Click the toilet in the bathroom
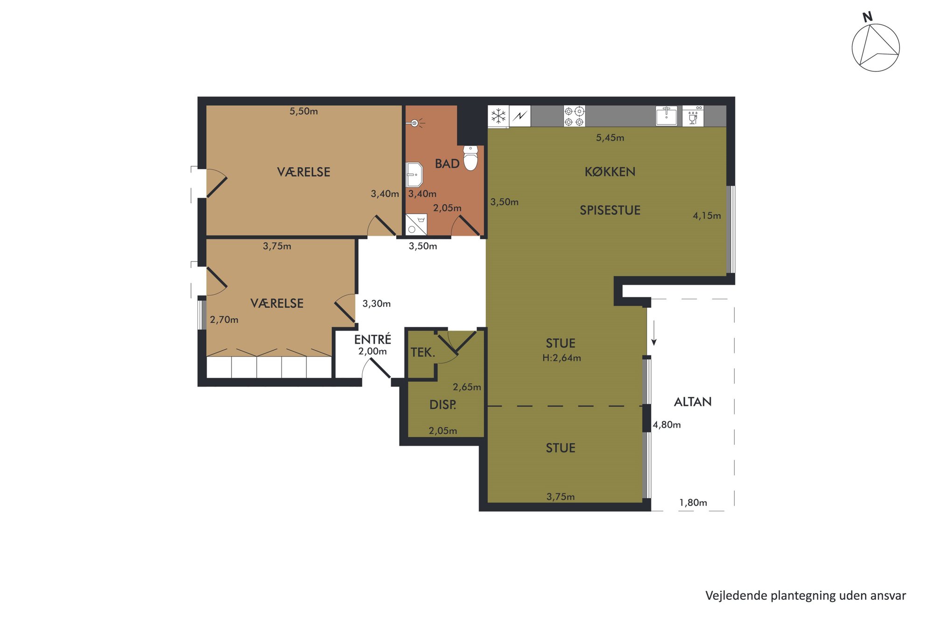(x=470, y=158)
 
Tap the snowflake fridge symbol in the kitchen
(x=498, y=116)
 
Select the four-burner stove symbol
(x=574, y=116)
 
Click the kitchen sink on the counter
(x=666, y=116)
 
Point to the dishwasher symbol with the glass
(x=693, y=116)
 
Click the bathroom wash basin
(x=414, y=174)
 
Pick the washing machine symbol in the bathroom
(x=416, y=224)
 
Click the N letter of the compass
(x=867, y=17)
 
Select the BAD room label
(x=447, y=164)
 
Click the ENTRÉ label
(x=372, y=339)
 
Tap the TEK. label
(x=423, y=352)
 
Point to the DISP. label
(x=442, y=404)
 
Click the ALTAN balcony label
(x=693, y=402)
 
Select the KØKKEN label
(x=610, y=172)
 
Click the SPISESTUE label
(x=610, y=210)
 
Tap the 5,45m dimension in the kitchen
(x=610, y=138)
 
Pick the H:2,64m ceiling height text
(x=561, y=358)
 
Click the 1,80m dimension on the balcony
(x=693, y=502)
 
